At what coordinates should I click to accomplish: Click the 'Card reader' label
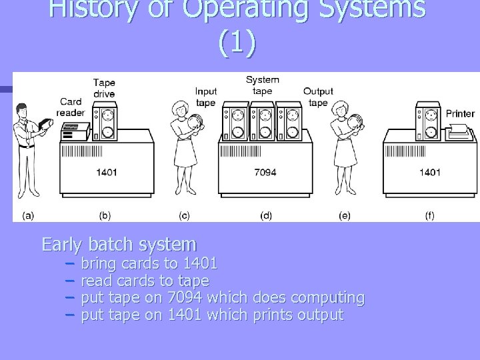(x=71, y=107)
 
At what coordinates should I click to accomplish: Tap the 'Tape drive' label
(x=103, y=88)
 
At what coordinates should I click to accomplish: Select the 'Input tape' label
(x=206, y=97)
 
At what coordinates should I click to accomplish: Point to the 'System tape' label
(x=263, y=85)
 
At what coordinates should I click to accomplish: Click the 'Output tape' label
(x=318, y=97)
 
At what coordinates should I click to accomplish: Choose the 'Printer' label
(x=460, y=113)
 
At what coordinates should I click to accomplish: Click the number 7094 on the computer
(x=265, y=173)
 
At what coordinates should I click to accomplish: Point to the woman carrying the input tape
(x=183, y=150)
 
